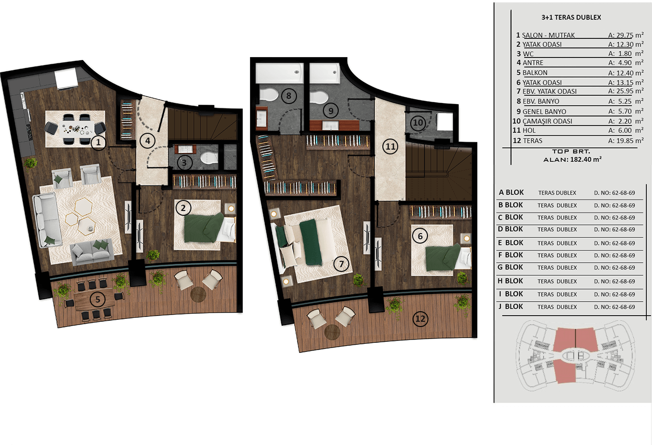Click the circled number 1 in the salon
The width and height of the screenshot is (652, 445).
pos(98,142)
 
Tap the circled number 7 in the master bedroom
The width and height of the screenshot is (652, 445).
pos(341,264)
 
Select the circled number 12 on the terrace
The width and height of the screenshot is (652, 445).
pos(420,319)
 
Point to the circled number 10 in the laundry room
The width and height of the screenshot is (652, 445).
pos(418,123)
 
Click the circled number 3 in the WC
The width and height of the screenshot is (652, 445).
pos(184,163)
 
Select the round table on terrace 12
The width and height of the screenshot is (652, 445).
pos(332,332)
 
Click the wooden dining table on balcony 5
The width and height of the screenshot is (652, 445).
pos(95,300)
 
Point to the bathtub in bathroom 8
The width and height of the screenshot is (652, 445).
pos(280,73)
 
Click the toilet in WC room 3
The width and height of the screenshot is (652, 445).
pos(209,157)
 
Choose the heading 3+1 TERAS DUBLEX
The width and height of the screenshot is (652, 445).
pos(571,17)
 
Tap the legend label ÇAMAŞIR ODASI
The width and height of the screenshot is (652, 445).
pos(547,121)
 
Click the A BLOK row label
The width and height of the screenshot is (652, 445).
pos(511,192)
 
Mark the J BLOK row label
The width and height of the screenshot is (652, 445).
pos(511,306)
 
